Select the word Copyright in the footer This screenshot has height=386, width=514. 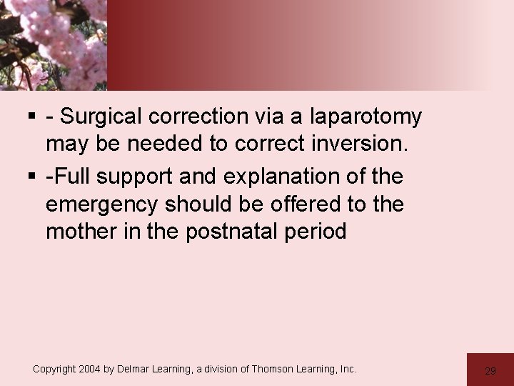(x=58, y=370)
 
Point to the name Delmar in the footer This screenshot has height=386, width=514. (x=143, y=370)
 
